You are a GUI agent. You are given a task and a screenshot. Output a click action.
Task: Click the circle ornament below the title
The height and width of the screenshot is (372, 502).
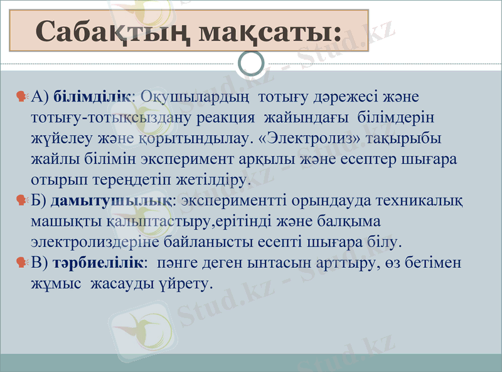click(252, 63)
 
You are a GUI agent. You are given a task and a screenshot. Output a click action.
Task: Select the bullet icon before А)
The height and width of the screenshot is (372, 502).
click(21, 97)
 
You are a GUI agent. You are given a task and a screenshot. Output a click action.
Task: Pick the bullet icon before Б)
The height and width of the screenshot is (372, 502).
click(21, 201)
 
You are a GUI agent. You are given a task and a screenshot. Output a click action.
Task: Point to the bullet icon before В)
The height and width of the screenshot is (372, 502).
click(21, 262)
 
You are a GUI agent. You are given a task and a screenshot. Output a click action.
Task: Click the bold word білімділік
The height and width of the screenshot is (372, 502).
click(92, 97)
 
